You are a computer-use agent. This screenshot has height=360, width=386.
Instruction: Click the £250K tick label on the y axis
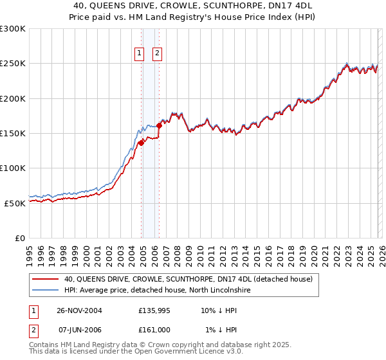click(13, 64)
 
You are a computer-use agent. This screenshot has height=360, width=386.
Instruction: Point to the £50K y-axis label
click(15, 203)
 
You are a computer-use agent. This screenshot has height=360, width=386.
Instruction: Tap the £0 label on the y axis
click(20, 238)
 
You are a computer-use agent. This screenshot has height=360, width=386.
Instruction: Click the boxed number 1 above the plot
click(139, 54)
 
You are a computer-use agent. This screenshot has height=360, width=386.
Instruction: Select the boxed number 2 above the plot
click(157, 54)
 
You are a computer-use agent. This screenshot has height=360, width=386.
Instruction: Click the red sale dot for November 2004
click(141, 143)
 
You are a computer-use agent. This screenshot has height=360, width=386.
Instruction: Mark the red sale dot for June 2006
click(159, 125)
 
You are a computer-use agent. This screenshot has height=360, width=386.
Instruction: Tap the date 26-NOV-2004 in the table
click(80, 310)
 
